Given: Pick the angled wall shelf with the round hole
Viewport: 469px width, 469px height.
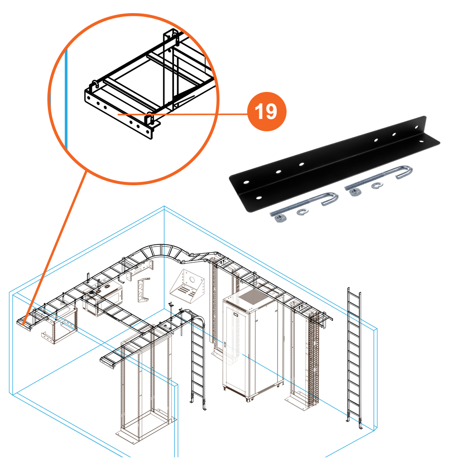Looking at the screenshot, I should point(188,284).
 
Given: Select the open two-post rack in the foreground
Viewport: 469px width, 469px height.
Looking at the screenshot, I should point(145,385).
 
